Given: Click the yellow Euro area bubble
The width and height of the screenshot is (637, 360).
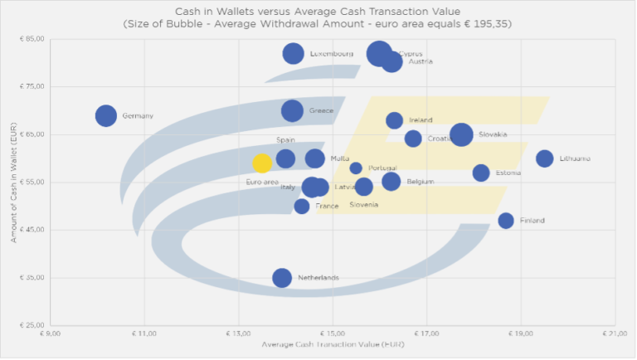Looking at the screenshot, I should coord(262,163).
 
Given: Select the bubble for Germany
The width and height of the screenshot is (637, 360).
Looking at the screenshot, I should coord(105,115).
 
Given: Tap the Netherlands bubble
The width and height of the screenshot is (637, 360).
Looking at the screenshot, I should coord(282,277).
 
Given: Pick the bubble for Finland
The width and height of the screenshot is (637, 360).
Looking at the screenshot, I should coord(506,220).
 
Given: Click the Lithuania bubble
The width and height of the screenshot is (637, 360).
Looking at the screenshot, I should coord(544,158).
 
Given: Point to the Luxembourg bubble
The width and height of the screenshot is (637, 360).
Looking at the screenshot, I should coord(293,53).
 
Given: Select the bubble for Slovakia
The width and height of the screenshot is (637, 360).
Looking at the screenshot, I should coord(461,134).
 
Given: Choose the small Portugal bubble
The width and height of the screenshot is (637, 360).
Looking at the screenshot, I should coord(356,168).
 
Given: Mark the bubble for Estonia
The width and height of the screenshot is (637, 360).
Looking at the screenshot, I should coord(481,173).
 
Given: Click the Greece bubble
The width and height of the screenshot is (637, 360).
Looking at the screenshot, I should coord(292,110).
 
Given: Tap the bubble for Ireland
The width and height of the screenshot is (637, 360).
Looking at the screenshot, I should coord(395,120).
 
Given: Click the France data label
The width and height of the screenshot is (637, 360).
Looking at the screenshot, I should coord(327,206).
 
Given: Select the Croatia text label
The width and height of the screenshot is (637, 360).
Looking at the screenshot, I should coord(440,139).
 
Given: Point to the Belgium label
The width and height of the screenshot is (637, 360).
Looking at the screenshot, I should coord(420,182).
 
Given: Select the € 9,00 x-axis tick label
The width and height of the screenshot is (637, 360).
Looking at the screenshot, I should coord(50,333).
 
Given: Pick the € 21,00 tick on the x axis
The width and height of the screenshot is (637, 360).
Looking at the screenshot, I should coord(615,333).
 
